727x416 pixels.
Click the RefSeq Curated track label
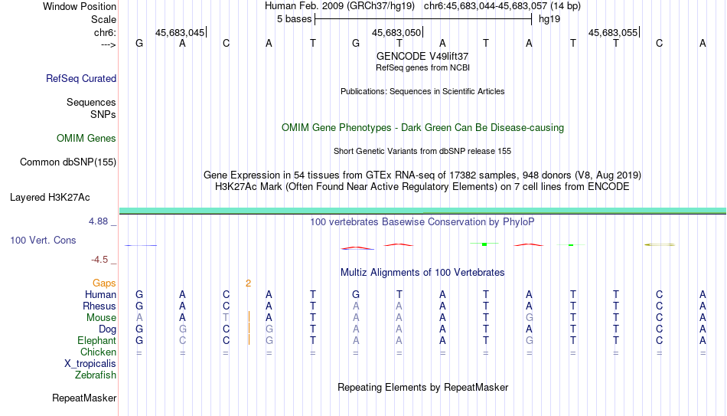pos(81,78)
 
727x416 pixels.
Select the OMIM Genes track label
pos(86,139)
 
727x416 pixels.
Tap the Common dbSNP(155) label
pos(68,162)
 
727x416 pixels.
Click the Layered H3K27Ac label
pos(50,198)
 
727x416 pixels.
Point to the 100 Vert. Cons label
pos(43,240)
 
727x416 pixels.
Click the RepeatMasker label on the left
pos(84,398)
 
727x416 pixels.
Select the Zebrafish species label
pos(96,375)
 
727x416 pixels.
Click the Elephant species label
pos(97,340)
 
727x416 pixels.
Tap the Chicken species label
pos(98,352)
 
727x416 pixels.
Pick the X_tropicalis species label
pos(90,364)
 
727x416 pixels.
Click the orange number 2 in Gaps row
pos(249,283)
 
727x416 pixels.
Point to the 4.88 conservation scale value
pos(98,221)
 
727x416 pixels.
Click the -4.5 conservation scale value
pos(99,260)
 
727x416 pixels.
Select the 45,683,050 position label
pos(396,33)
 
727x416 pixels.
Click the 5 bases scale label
pos(295,19)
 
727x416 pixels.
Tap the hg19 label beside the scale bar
pos(549,19)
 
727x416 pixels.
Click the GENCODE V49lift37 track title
pos(422,56)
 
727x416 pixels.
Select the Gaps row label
pos(104,283)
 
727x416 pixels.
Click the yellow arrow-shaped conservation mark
pos(660,244)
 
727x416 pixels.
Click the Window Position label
pos(80,6)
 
